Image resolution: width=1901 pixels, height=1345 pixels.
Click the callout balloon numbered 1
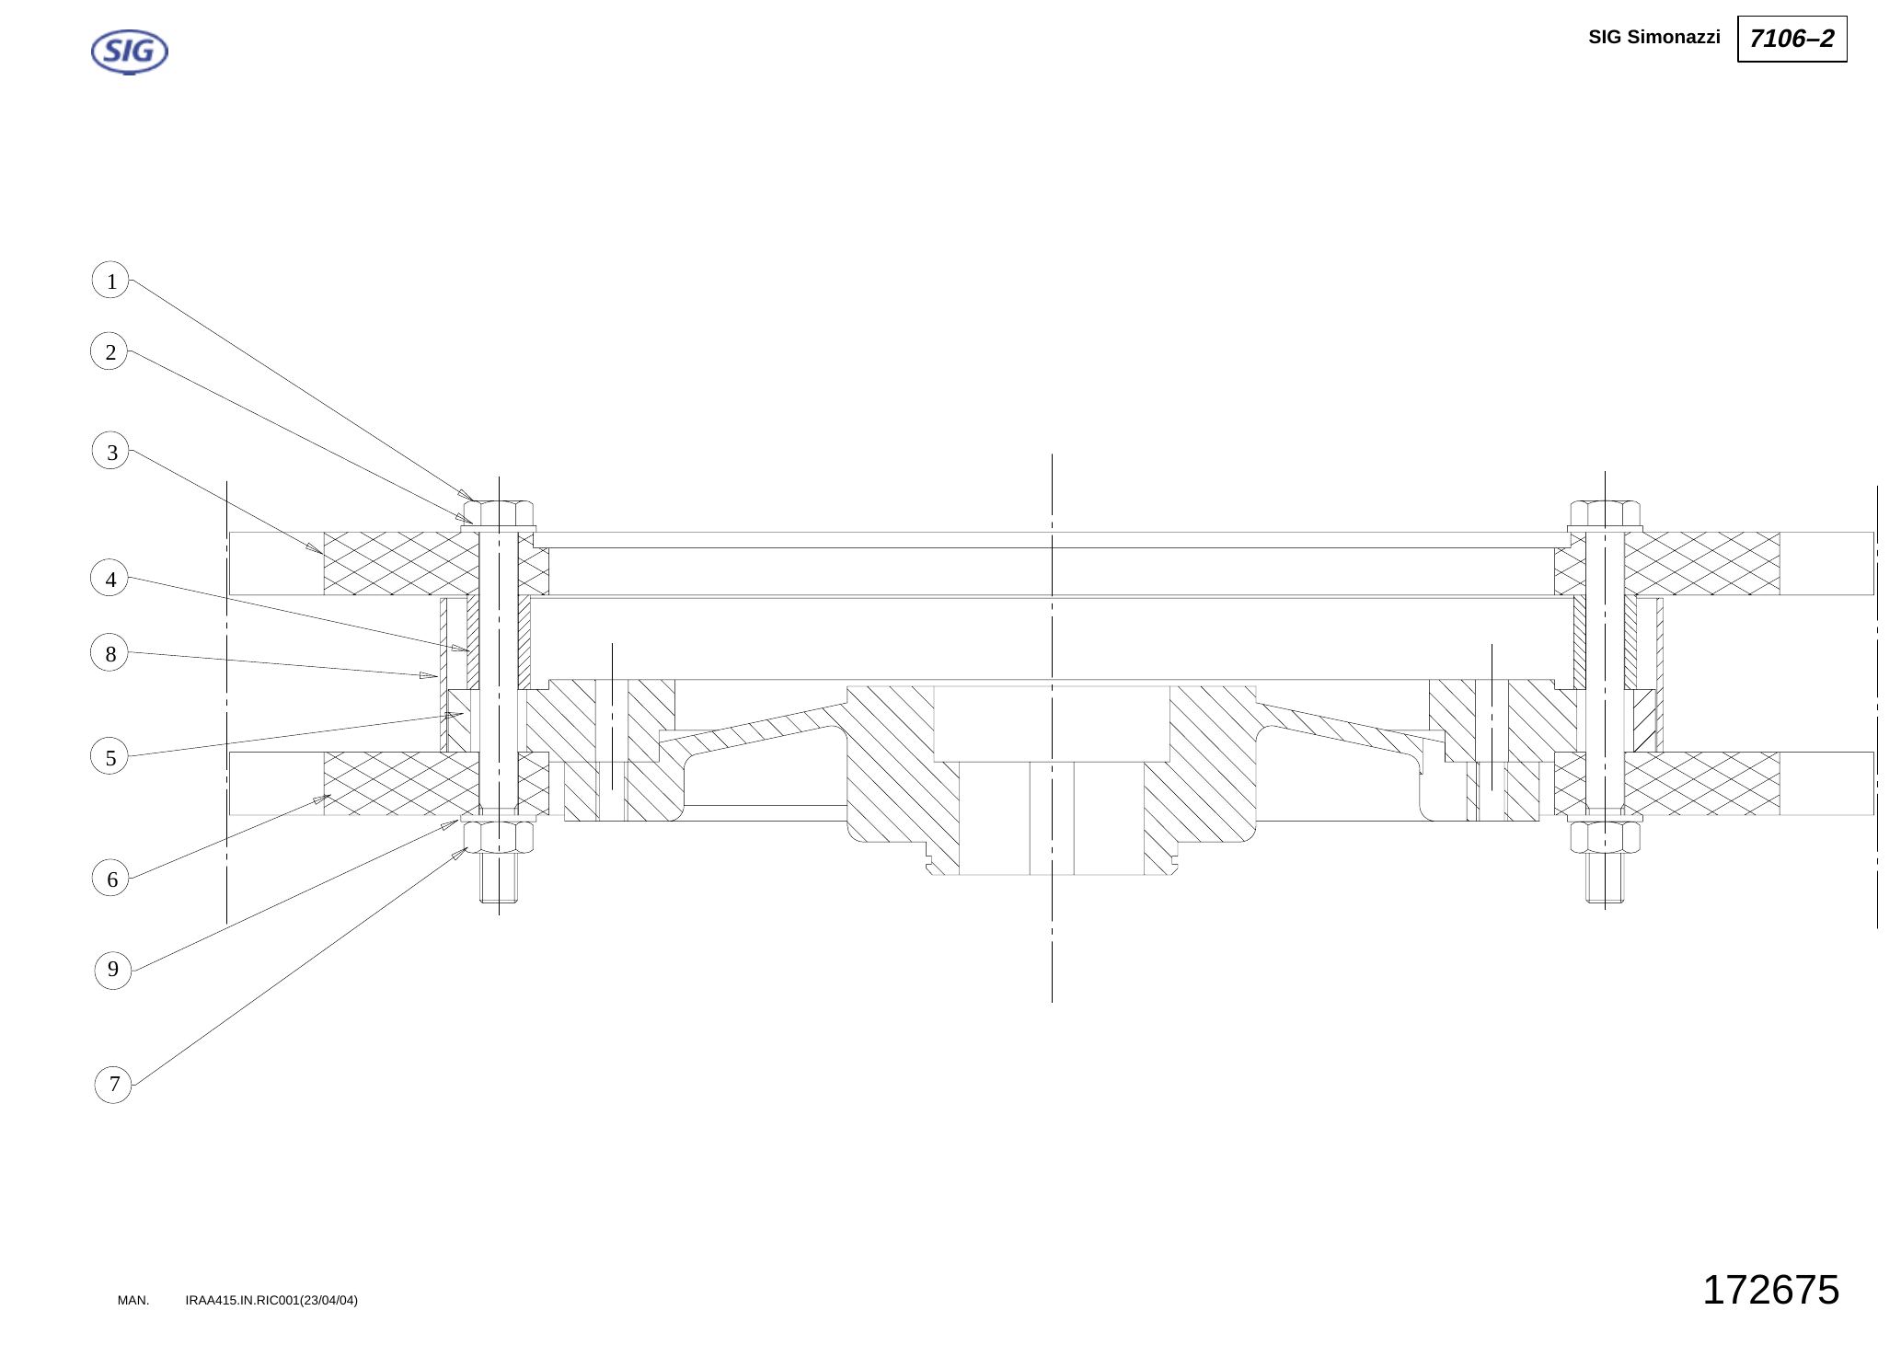pos(110,281)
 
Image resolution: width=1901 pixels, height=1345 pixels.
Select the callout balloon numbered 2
pos(109,351)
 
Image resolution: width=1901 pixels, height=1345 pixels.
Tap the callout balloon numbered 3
pos(111,452)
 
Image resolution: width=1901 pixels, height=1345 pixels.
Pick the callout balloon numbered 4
pos(109,579)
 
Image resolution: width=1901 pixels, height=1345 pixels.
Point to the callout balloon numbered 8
pos(109,653)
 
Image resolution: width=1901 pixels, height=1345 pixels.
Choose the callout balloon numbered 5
pos(109,757)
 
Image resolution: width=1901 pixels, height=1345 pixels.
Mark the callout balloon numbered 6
pos(111,879)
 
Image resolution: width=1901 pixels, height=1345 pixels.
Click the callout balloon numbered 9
pos(113,969)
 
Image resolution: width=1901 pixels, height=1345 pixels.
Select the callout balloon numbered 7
pos(113,1084)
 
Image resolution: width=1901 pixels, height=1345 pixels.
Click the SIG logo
pos(130,52)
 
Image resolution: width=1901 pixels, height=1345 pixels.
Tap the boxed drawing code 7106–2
pos(1792,39)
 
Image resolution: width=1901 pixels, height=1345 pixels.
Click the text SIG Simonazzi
pos(1653,37)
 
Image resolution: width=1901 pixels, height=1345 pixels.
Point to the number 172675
pos(1770,1290)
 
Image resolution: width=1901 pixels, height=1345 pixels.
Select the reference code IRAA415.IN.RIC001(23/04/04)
pos(271,1300)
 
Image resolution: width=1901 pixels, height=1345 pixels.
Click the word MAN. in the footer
pos(133,1300)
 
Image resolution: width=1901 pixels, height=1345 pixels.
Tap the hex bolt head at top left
pos(499,512)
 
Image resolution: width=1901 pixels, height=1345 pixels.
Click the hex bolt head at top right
pos(1605,512)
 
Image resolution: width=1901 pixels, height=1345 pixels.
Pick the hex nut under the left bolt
pos(499,836)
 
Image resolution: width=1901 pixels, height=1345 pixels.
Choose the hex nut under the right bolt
pos(1605,836)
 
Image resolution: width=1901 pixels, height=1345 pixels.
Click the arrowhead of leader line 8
pos(429,675)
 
